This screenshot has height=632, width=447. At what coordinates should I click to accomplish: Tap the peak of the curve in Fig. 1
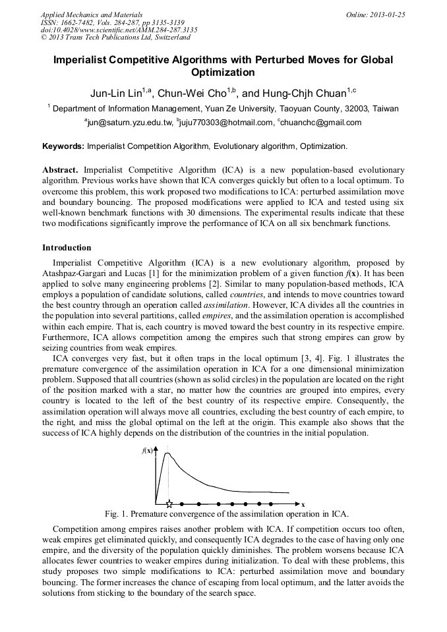pos(167,453)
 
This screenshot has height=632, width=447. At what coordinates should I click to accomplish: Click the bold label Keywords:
pos(63,146)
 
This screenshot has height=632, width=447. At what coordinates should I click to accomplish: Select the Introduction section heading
pos(67,248)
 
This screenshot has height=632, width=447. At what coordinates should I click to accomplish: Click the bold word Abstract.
pos(61,169)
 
